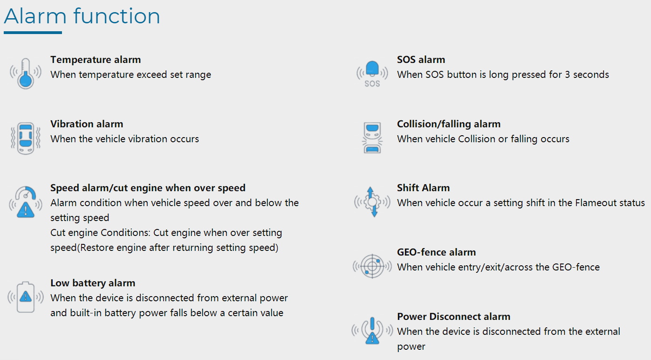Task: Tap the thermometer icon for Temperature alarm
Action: tap(26, 74)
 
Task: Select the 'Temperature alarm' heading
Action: tap(96, 60)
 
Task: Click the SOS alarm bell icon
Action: tap(372, 74)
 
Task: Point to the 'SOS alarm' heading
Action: tap(421, 60)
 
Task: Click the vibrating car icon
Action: tap(26, 138)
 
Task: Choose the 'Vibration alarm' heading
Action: tap(87, 124)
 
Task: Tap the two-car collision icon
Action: tap(372, 138)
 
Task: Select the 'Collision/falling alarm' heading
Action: tap(449, 124)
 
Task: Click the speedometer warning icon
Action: tap(26, 202)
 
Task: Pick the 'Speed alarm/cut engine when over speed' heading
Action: tap(148, 188)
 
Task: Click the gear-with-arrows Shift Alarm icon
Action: tap(372, 201)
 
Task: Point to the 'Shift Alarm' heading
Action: tap(424, 188)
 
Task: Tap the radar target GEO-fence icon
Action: tap(372, 266)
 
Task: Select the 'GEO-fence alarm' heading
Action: tap(437, 252)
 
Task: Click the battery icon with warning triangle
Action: tap(26, 297)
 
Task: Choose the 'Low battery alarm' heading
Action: tap(93, 283)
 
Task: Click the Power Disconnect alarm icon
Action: tap(372, 331)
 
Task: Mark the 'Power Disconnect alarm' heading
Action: tap(454, 316)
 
